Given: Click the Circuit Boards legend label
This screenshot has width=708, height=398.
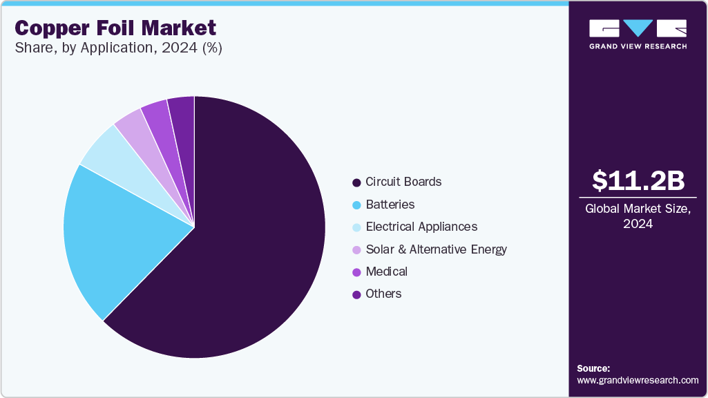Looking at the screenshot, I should [x=403, y=182].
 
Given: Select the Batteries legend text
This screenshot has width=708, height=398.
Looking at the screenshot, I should [x=390, y=205].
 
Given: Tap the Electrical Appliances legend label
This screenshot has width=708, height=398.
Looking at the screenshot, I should [x=421, y=227].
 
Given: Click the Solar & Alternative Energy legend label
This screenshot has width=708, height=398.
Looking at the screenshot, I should [x=437, y=249].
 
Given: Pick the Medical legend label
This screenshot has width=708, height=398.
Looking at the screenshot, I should [x=387, y=272].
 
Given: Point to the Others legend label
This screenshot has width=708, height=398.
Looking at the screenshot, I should [x=383, y=294].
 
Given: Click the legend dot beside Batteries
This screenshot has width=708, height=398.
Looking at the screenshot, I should [x=356, y=205].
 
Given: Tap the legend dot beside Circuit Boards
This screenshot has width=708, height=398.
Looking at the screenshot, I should [x=356, y=182].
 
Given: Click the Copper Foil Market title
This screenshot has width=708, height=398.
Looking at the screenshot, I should [x=115, y=28].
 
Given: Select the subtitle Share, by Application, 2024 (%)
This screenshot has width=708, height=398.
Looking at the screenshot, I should [x=118, y=48].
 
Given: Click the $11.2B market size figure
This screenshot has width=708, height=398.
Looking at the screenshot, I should [x=638, y=180].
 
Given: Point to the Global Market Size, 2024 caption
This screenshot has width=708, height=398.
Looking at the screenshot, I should [x=638, y=216].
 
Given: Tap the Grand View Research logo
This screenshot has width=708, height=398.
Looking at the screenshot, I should [x=638, y=34].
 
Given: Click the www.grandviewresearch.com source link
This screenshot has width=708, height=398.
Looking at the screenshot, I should [x=638, y=380].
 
